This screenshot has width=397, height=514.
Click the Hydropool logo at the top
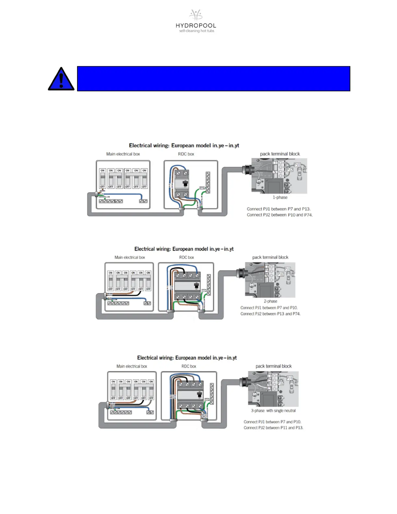point(196,21)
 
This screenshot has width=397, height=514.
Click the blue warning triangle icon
point(61,80)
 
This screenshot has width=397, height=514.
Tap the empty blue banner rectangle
point(213,79)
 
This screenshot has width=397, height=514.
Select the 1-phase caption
point(280,197)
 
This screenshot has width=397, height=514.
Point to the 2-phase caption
point(270,301)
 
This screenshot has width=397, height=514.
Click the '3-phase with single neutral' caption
point(273,410)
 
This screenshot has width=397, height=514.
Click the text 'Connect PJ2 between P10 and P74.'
point(280,215)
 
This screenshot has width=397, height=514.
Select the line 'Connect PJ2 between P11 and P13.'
point(273,428)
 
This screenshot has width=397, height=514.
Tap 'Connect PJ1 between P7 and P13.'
point(278,209)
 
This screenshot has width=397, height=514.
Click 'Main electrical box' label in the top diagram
point(123,154)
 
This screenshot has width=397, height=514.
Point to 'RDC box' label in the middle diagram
point(186,257)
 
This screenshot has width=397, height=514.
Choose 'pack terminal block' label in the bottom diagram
point(273,366)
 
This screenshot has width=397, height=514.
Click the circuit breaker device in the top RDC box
point(182,184)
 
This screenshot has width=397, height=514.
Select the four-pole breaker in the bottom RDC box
point(190,395)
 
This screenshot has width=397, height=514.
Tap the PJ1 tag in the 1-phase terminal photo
point(297,165)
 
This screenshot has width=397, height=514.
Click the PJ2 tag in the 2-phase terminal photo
point(281,274)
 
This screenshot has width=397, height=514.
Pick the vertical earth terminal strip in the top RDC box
point(208,182)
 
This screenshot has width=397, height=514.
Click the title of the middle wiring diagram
point(184,249)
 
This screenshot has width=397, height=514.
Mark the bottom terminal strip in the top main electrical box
point(111,201)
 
